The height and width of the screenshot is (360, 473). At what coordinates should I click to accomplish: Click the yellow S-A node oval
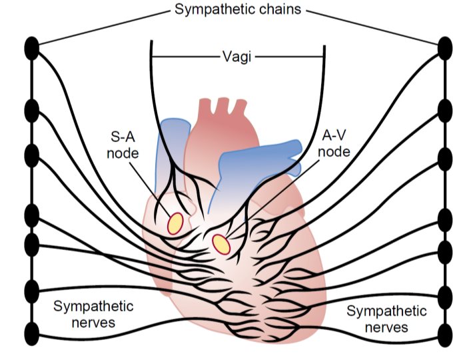pos(175,223)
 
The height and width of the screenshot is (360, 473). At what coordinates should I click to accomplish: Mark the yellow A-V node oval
pos(221,244)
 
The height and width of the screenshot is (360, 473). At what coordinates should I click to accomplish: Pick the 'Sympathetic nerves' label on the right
pos(387,319)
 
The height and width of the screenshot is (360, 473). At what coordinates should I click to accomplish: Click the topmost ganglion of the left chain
pos(31,48)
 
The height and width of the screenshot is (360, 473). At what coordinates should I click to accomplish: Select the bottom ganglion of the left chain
pos(31,332)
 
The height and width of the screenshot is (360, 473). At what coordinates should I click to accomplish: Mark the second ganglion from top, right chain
pos(445,109)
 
